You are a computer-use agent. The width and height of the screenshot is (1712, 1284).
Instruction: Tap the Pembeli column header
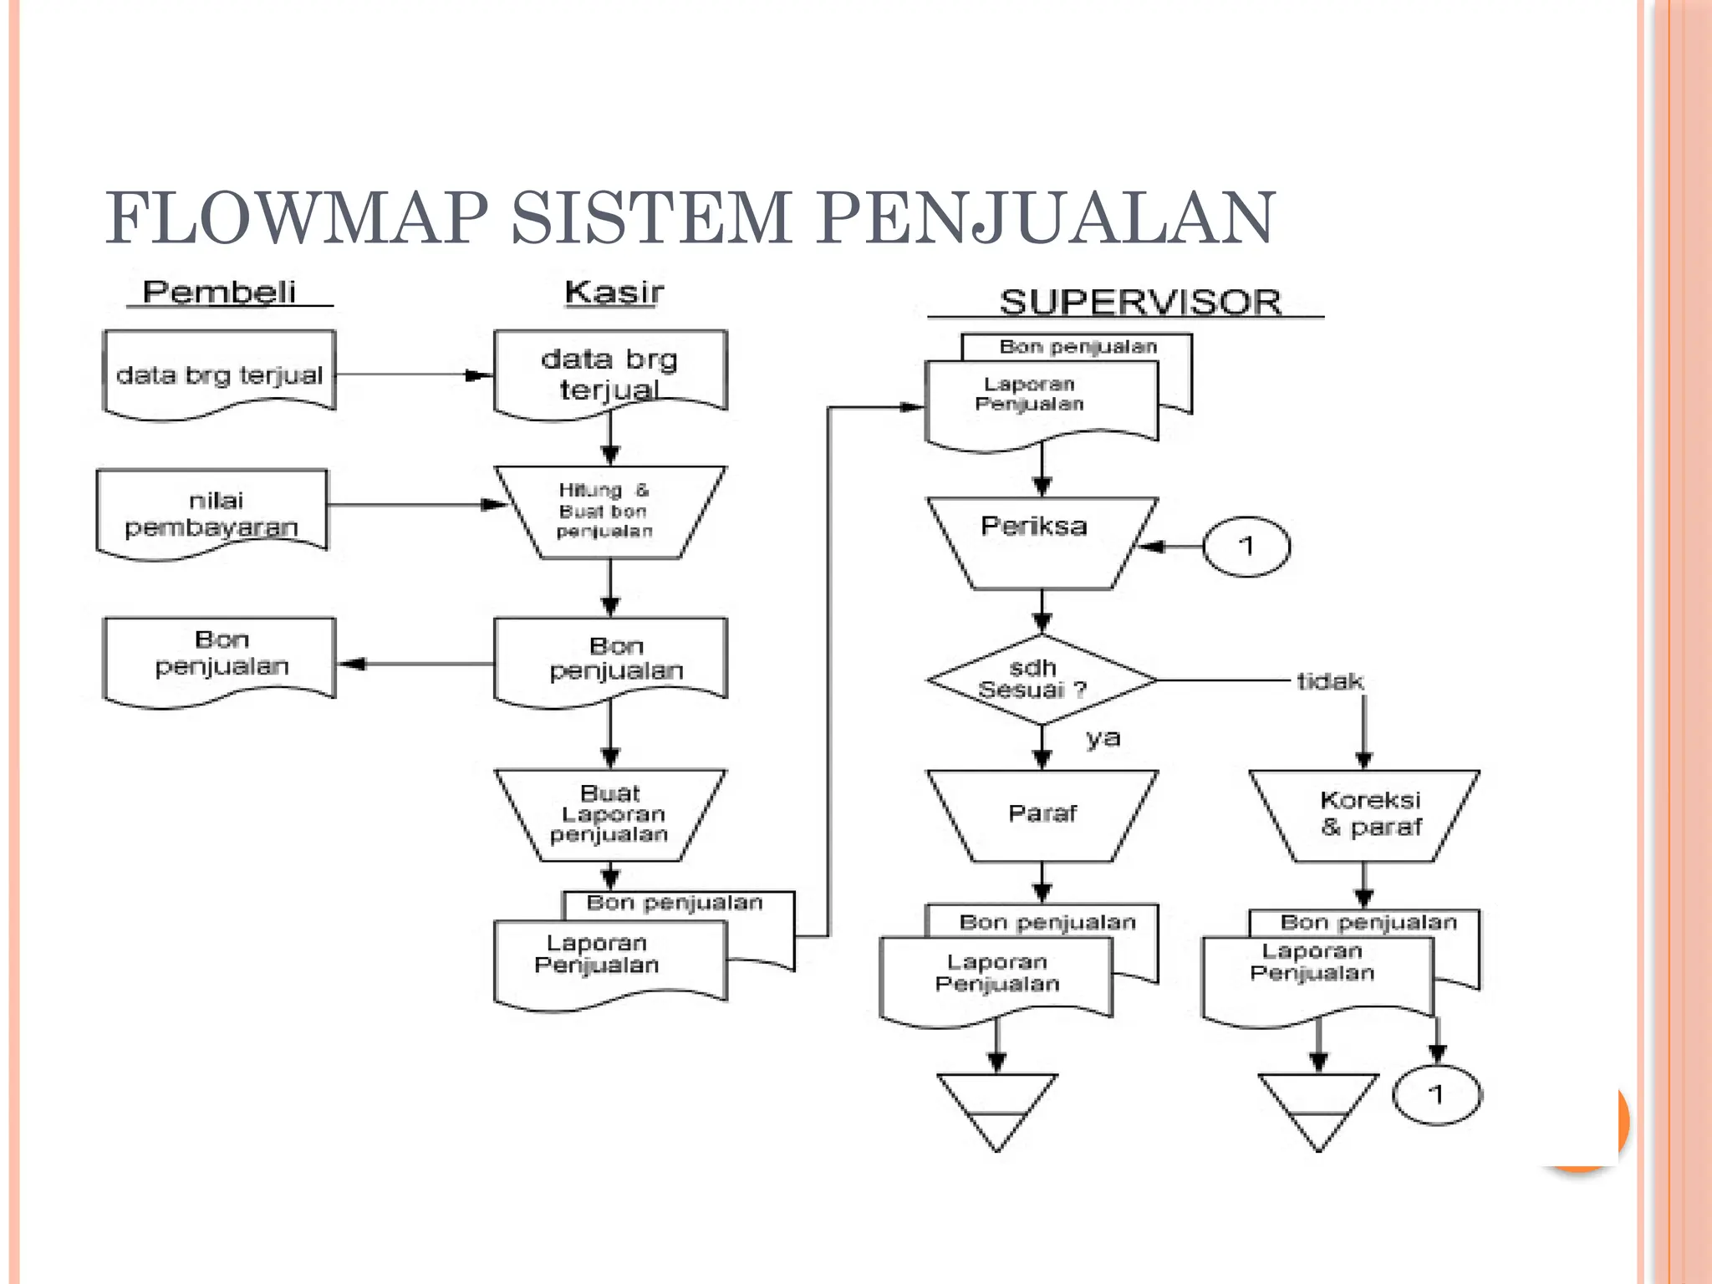tap(219, 292)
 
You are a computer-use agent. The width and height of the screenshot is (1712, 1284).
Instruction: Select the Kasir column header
tap(614, 292)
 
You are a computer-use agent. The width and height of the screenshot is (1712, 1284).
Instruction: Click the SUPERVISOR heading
tap(1140, 302)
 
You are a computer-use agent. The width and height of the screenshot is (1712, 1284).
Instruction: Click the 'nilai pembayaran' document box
tap(212, 512)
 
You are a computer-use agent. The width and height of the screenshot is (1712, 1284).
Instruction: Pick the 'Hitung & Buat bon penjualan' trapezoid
tap(609, 511)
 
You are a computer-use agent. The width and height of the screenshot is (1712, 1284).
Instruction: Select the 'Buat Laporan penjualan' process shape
tap(609, 814)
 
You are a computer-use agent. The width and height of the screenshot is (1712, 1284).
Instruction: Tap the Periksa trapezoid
tap(1042, 542)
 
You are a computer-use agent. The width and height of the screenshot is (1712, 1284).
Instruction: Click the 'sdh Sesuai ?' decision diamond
tap(1042, 679)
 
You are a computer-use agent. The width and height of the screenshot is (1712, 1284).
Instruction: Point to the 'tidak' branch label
tap(1329, 681)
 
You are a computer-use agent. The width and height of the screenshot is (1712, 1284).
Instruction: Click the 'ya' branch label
tap(1103, 738)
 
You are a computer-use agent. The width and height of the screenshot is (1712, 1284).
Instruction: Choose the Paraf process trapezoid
tap(1042, 814)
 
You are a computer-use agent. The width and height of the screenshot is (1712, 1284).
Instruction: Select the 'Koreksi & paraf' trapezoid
tap(1364, 814)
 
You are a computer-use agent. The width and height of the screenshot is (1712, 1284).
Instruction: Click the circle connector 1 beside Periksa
tap(1246, 546)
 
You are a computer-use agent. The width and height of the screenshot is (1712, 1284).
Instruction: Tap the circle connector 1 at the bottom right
tap(1436, 1094)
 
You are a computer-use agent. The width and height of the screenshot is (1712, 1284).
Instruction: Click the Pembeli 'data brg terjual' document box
tap(219, 374)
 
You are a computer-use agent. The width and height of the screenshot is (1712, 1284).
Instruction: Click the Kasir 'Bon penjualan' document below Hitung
tap(610, 660)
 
